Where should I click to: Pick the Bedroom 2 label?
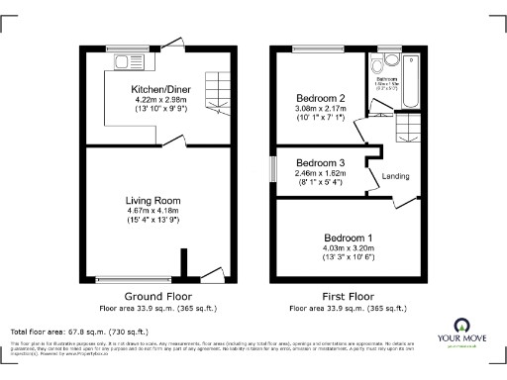321,99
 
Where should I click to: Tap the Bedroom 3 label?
321,162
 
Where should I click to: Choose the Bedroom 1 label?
349,238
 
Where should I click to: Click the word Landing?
396,177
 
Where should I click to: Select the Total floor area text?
79,332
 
